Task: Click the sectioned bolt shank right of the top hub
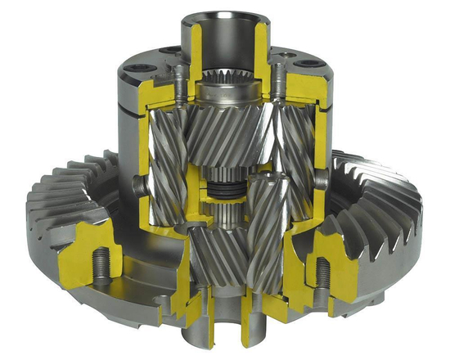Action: click(279, 82)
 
